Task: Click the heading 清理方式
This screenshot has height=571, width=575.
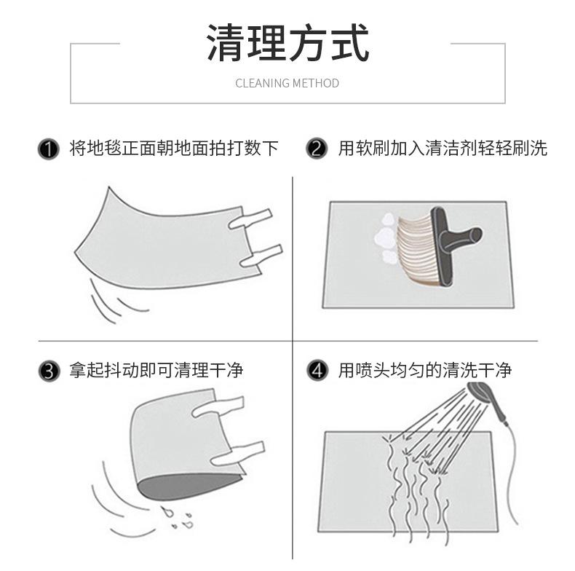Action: [x=287, y=42]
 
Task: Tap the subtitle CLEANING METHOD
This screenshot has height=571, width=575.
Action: [x=287, y=83]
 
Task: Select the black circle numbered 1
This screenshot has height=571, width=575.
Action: [x=49, y=149]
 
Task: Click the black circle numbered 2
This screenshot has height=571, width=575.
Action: [x=317, y=149]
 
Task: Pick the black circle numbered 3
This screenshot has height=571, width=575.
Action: [x=49, y=371]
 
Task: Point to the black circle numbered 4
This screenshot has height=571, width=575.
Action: [x=317, y=370]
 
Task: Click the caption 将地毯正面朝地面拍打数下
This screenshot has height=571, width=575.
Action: [x=174, y=149]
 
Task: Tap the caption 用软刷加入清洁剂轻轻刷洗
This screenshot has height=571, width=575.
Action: [x=443, y=149]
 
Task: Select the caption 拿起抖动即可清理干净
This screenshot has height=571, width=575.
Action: [x=156, y=371]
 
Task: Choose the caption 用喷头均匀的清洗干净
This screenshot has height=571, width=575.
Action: [x=424, y=370]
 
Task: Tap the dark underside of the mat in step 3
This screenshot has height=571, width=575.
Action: [x=188, y=487]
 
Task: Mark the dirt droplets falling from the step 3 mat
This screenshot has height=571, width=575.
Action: [x=178, y=517]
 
